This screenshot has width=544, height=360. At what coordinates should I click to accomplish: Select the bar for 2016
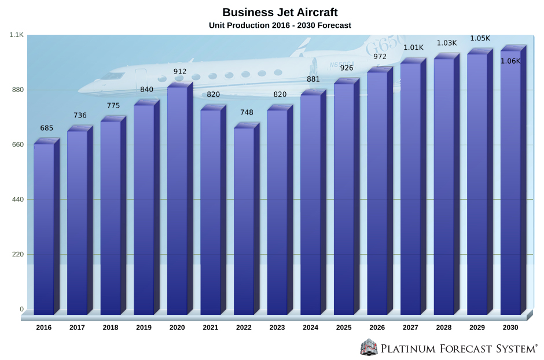[44, 229]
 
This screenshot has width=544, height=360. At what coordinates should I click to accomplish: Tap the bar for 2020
[178, 200]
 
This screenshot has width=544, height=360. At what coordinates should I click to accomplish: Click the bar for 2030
[510, 182]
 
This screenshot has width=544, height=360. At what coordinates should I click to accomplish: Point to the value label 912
[180, 72]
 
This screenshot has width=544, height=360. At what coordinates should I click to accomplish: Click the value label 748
[247, 112]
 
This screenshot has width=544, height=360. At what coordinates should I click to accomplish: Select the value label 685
[47, 128]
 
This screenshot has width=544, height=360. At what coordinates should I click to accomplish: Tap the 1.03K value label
[446, 43]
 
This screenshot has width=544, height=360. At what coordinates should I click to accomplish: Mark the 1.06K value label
[510, 61]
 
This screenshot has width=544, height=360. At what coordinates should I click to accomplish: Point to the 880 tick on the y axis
[17, 90]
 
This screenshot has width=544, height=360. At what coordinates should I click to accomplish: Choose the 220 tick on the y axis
[17, 254]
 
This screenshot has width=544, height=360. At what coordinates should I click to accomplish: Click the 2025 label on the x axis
[344, 328]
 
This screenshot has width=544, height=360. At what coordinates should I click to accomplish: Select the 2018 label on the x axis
[111, 328]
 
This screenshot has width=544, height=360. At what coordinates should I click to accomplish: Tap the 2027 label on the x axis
[410, 328]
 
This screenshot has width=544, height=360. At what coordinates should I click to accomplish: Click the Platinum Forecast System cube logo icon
[368, 347]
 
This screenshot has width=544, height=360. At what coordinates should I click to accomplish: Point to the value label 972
[380, 57]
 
